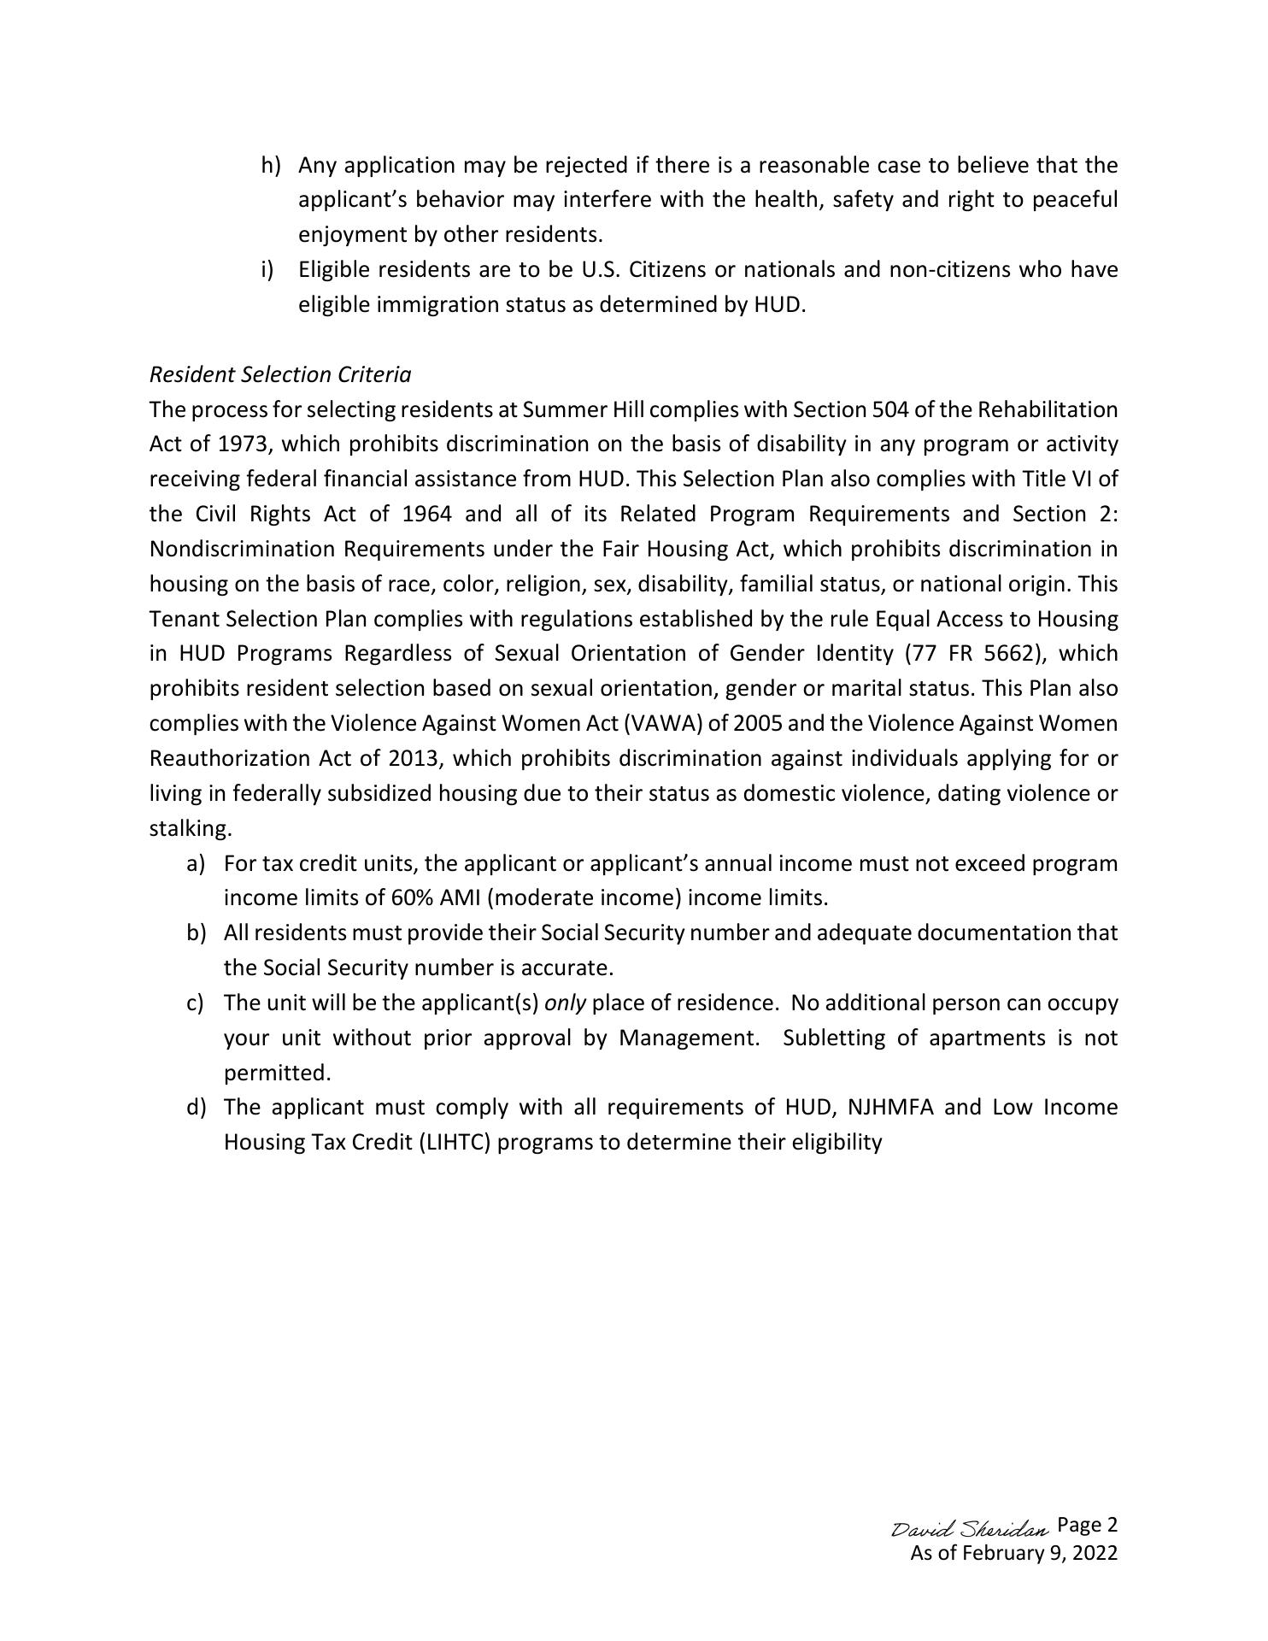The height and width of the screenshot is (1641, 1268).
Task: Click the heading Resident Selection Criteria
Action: click(279, 374)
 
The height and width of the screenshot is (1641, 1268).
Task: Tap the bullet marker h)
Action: click(271, 165)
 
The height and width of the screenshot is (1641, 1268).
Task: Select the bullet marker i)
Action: click(267, 270)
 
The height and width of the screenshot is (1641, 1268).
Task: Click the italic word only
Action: click(565, 1003)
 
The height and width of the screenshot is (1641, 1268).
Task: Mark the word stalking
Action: click(190, 829)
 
